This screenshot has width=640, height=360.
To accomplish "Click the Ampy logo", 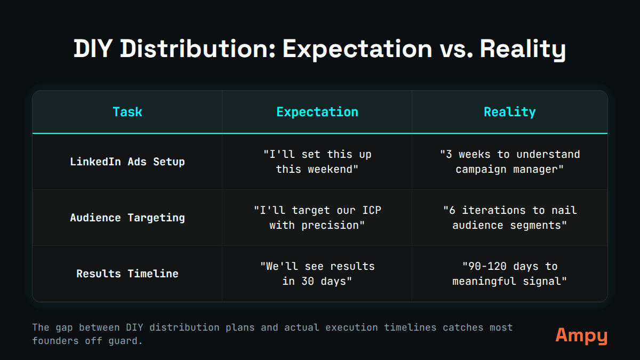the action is [581, 335].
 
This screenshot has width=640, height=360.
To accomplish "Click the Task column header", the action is [127, 112].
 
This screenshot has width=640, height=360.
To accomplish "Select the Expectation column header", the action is [317, 112].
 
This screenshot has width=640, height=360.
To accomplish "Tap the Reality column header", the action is [509, 112].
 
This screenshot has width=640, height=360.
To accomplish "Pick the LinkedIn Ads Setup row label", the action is [127, 162].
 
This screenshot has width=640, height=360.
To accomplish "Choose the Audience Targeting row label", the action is [127, 218].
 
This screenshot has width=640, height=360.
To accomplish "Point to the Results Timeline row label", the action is [127, 274].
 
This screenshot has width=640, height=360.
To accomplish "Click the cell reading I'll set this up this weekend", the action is [317, 162].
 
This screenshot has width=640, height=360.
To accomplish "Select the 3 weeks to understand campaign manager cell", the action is [509, 162].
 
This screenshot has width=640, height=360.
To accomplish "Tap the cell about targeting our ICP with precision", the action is [317, 218].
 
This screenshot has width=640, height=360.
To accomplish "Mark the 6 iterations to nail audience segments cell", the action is [509, 218].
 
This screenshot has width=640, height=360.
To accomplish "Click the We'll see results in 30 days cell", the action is [317, 274].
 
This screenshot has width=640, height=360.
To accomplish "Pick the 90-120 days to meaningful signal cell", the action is [509, 274].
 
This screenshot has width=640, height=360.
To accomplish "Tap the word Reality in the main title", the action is [522, 50].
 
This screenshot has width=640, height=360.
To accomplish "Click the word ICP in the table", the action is [371, 210].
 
